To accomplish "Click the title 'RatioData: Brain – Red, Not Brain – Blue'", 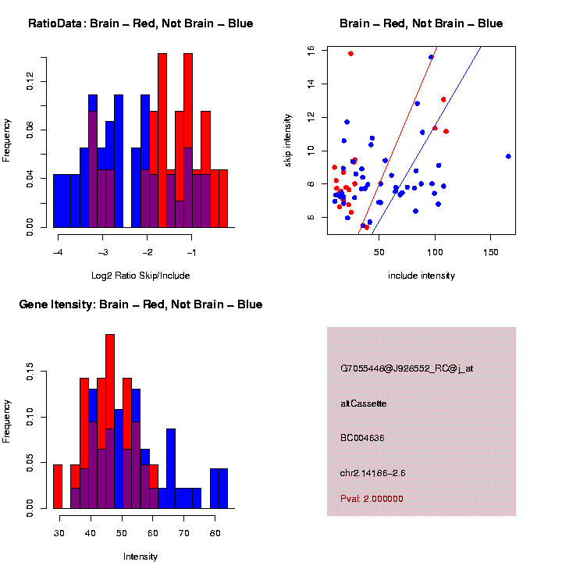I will tap(140, 23).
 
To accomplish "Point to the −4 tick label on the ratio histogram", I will tap(58, 253).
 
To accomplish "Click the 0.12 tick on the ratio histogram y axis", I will tap(30, 81).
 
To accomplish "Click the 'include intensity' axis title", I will tap(421, 276).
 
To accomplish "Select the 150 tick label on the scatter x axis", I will tap(491, 253).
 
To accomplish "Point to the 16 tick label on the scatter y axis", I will tap(311, 51).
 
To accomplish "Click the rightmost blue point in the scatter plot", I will tap(508, 156).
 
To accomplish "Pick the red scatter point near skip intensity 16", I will tap(350, 54).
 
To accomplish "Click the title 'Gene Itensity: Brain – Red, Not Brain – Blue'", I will tap(140, 304).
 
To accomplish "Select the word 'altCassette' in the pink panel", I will tap(364, 404).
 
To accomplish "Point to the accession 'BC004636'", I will tap(363, 438).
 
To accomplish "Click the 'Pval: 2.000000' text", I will tap(372, 499).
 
